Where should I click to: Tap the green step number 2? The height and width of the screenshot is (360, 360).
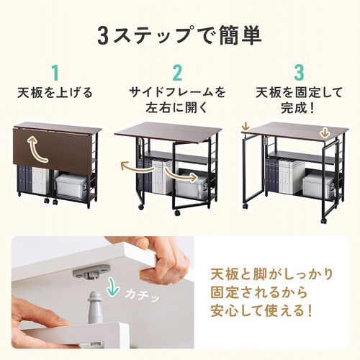pos(178,73)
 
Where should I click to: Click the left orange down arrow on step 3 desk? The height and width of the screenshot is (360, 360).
pos(247,129)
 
